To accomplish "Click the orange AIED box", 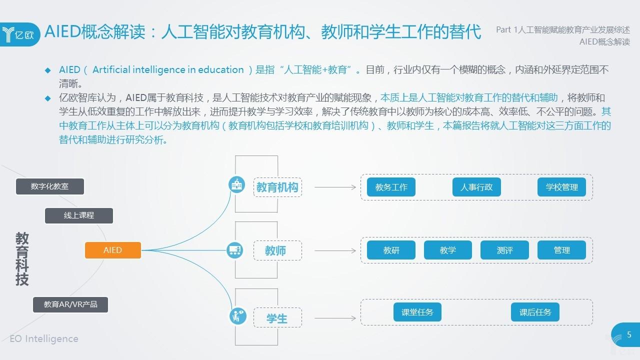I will point(112,250).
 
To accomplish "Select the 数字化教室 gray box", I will point(49,186).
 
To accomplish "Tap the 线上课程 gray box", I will point(79,215).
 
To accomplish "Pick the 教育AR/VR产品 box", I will point(70,304).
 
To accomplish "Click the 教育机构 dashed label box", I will point(277,187).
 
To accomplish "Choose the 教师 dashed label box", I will point(277,250).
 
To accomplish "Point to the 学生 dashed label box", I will point(277,318).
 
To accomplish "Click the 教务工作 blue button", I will point(391,187).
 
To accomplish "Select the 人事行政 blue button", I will point(476,187).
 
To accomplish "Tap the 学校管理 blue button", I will point(561,187).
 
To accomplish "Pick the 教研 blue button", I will point(391,250).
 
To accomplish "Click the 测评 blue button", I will point(504,250).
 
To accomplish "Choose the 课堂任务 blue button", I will point(417,312).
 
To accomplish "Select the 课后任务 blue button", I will point(535,312).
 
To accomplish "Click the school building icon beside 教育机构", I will point(236,184).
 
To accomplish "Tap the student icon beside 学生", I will point(236,315).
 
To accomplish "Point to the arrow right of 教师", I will point(334,250).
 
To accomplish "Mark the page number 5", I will point(629,334).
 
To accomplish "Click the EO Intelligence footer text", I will point(44,338).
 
